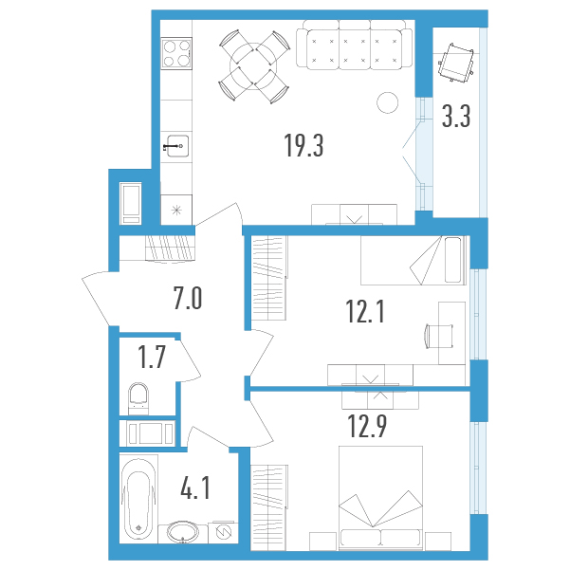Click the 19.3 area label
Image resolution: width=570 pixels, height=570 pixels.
point(303,145)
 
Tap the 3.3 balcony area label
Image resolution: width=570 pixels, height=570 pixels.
point(456,116)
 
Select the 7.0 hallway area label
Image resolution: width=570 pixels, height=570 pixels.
point(188,298)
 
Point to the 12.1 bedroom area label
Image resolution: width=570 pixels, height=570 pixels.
point(365,312)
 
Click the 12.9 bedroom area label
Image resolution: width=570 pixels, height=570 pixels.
point(367,426)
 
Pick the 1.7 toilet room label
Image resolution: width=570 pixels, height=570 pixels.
point(152,357)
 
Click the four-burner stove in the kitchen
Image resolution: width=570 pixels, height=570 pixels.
point(176,53)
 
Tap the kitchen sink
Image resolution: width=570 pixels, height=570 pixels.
point(177,146)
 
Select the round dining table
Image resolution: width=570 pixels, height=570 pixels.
point(253,66)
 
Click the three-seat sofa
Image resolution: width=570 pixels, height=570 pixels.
point(354,44)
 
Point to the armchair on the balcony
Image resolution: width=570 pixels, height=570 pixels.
point(456,63)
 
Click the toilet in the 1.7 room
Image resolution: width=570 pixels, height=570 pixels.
point(138,398)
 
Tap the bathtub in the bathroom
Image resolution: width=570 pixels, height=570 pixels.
point(138,499)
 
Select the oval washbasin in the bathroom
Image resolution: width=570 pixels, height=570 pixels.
point(183,532)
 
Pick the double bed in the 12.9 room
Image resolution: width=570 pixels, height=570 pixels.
point(380,498)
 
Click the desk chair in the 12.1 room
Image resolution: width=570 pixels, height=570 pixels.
point(439,336)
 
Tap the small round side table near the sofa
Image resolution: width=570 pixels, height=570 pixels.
point(388,102)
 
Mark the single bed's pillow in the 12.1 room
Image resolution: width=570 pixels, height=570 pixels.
point(453,259)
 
